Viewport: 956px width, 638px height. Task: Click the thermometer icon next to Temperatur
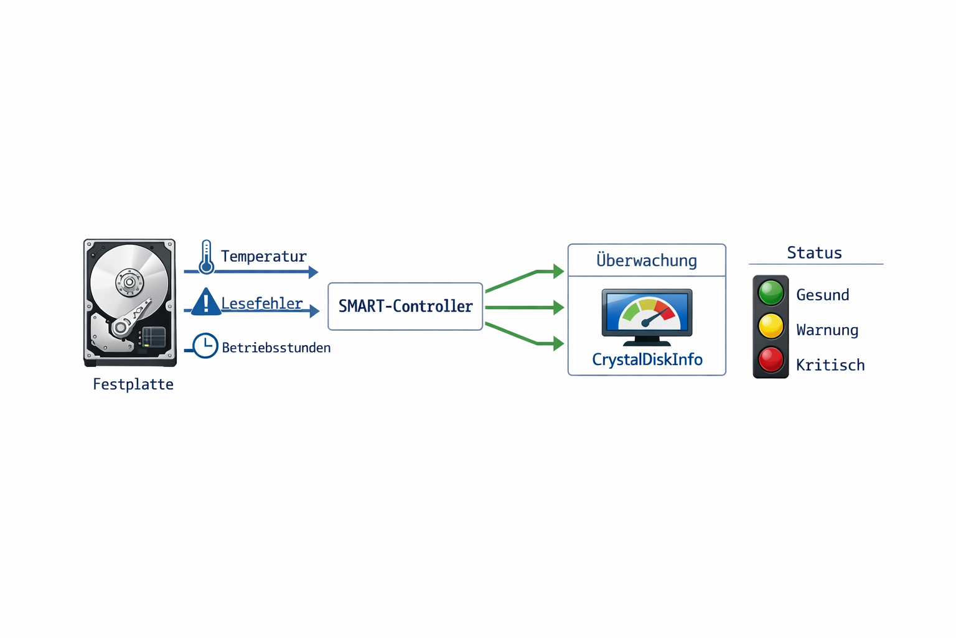coord(206,257)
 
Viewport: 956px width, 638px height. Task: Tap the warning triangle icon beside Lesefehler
coord(205,303)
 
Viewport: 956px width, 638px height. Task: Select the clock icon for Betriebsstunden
coord(205,346)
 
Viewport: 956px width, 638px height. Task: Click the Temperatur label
coord(264,257)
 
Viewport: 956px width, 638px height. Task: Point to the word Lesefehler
coord(262,303)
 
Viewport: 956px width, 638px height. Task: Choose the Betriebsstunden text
coord(276,348)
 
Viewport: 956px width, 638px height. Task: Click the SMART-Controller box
coord(405,306)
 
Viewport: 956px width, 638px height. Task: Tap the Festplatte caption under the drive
coord(133,384)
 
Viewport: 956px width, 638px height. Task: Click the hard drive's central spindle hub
coord(129,282)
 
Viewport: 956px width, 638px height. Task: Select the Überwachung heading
coord(647,260)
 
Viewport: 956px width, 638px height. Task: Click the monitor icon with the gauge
coord(647,316)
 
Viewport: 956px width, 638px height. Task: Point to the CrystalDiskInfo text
coord(647,359)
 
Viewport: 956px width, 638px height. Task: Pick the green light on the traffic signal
coord(771,292)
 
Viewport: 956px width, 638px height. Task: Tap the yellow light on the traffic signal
coord(771,326)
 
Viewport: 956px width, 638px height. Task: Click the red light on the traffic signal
coord(771,360)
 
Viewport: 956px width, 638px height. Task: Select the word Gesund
coord(822,295)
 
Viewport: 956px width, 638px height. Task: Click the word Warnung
coord(827,330)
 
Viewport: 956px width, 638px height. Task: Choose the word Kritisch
coord(830,365)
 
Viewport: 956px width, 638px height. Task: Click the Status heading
coord(814,252)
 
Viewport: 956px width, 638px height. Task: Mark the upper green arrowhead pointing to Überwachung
coord(558,271)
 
